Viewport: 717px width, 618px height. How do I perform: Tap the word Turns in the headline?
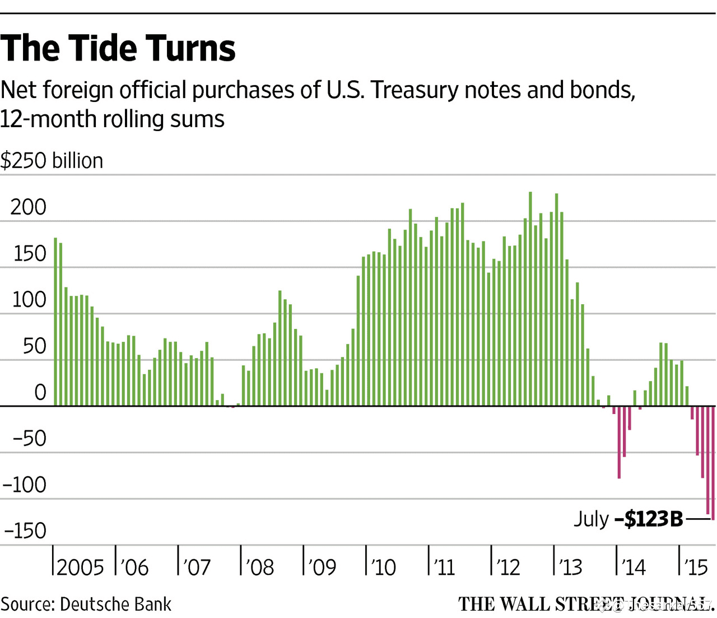click(194, 48)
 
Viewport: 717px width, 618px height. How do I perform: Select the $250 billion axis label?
click(52, 161)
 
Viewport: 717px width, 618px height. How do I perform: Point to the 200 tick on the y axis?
click(28, 207)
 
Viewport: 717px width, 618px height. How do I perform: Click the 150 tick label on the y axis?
click(29, 254)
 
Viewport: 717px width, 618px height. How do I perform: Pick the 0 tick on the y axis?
click(40, 393)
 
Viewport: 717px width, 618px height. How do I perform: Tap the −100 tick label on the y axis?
click(25, 485)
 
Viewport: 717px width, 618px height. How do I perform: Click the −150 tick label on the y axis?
click(25, 531)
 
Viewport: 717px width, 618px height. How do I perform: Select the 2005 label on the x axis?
click(80, 568)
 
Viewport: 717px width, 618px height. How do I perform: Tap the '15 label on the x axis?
click(696, 568)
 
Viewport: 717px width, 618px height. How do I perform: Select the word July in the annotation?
click(591, 519)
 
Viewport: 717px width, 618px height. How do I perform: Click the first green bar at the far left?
click(55, 322)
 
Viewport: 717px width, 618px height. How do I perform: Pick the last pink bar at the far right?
click(713, 463)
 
